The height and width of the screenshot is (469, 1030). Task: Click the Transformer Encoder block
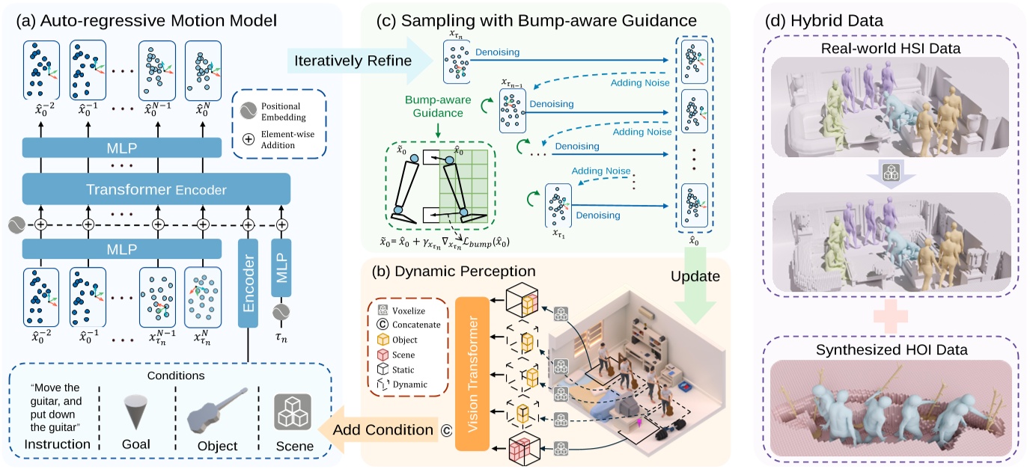pyautogui.click(x=156, y=188)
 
